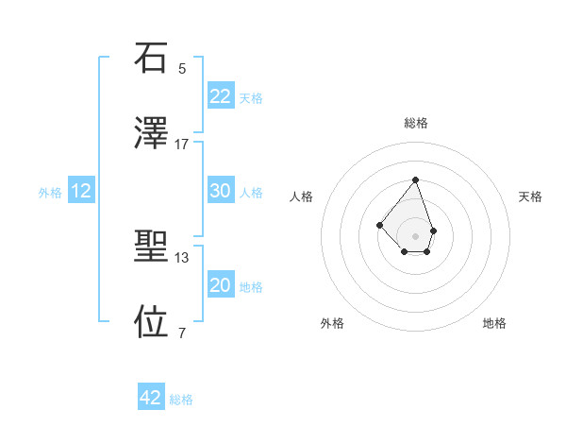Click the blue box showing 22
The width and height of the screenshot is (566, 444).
[x=220, y=96]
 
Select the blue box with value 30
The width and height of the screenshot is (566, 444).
[x=220, y=191]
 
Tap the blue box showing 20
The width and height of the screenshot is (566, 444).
[x=220, y=285]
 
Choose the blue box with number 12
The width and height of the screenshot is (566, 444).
[x=81, y=191]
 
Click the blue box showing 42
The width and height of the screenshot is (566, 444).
[x=151, y=398]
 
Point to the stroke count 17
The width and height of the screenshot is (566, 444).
[x=182, y=144]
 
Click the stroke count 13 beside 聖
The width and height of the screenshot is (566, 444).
[x=182, y=257]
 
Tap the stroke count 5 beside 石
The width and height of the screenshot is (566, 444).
[x=182, y=69]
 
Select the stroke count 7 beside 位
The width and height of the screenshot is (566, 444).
[x=182, y=333]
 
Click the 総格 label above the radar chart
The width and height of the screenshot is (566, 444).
[x=415, y=124]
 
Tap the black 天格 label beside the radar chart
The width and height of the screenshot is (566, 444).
[x=530, y=196]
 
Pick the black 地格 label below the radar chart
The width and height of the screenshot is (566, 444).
[x=494, y=323]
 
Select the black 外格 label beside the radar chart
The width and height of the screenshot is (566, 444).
[x=332, y=323]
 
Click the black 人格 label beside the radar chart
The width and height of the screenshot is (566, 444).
[x=302, y=196]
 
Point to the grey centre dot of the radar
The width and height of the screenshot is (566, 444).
[x=415, y=235]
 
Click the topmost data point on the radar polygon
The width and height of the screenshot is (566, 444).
[x=415, y=179]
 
